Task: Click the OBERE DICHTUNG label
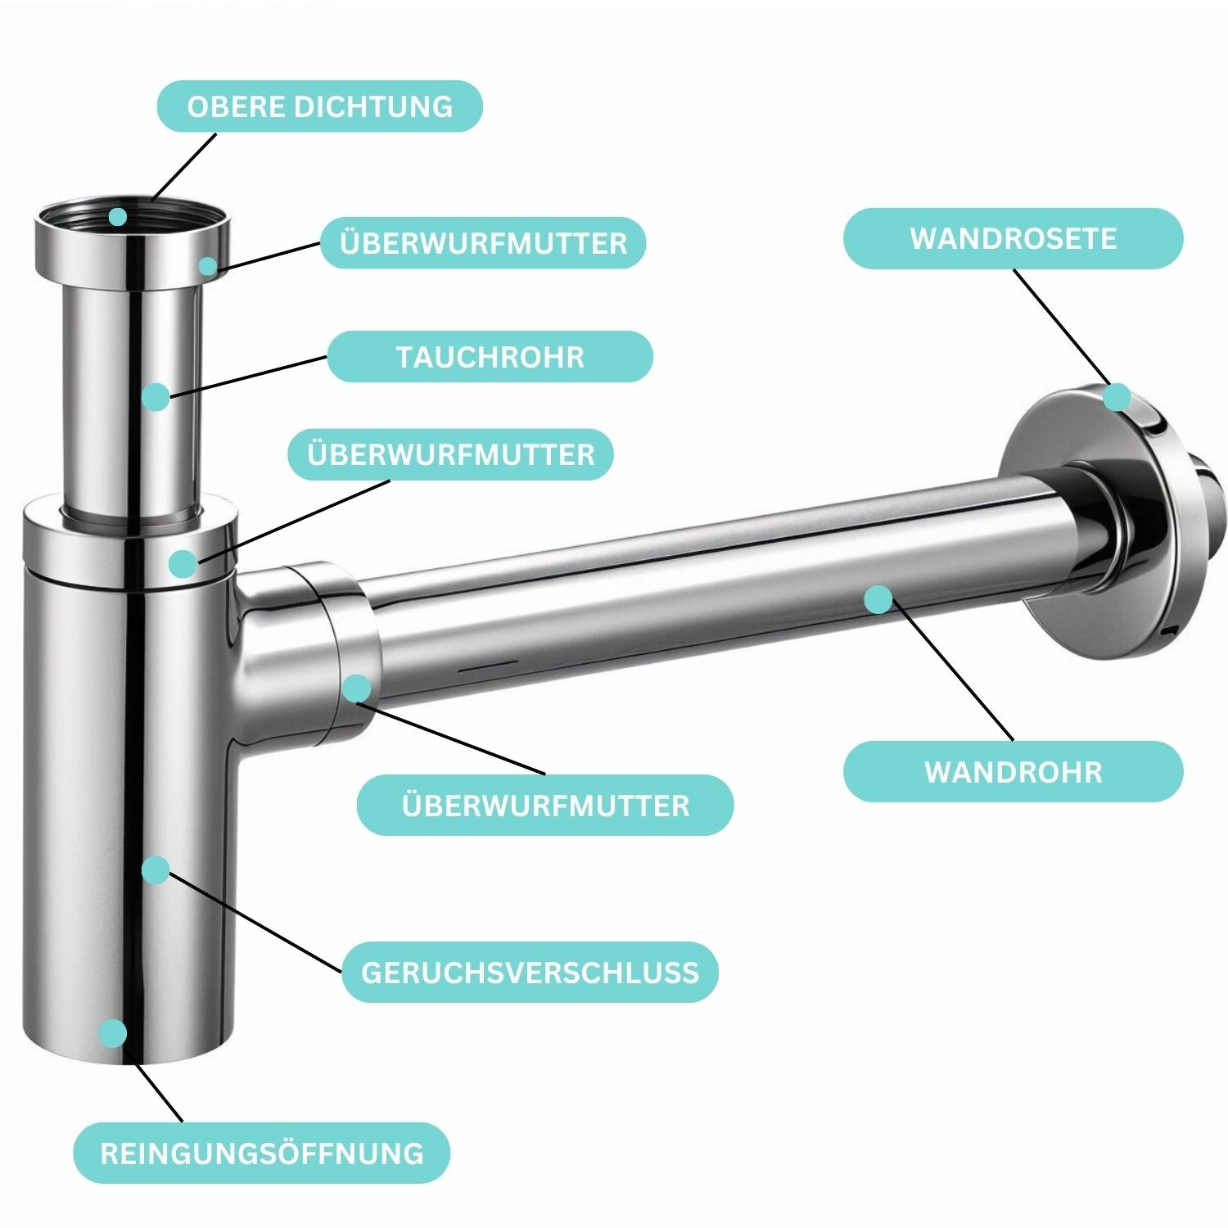click(319, 106)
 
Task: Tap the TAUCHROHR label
click(490, 357)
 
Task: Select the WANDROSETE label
click(1013, 238)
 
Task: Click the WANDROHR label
click(1013, 772)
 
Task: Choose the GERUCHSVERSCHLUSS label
click(530, 973)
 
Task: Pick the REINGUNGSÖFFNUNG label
click(262, 1154)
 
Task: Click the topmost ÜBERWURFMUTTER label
click(483, 243)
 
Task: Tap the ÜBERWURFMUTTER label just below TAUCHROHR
click(450, 454)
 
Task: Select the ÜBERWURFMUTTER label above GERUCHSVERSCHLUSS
click(545, 806)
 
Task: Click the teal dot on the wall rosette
click(1116, 398)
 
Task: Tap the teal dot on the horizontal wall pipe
click(878, 599)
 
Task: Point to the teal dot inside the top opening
click(118, 217)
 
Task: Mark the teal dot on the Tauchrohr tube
click(155, 397)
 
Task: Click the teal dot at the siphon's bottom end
click(113, 1033)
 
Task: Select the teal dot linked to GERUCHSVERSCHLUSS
click(155, 870)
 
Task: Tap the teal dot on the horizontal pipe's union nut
click(356, 688)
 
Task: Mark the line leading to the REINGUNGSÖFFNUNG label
click(159, 1093)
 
